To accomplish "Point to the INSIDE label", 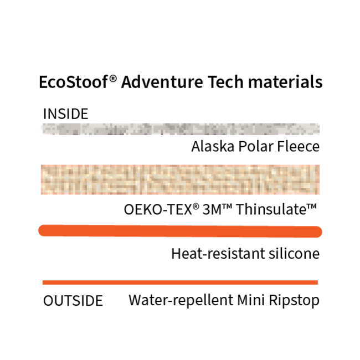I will tap(65, 114).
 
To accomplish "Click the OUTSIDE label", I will tap(73, 301).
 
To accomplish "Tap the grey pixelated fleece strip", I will tap(181, 130).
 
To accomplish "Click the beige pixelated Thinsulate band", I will tap(181, 179).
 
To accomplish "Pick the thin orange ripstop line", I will tap(181, 282).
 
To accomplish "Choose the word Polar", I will tap(255, 147).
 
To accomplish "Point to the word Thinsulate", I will tap(280, 210).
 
